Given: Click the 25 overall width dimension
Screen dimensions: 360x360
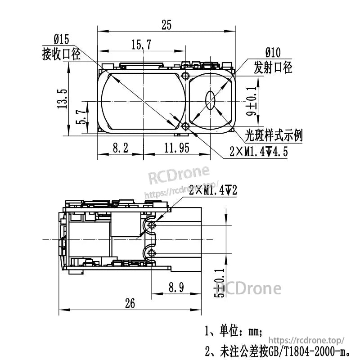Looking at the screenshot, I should pos(166,25).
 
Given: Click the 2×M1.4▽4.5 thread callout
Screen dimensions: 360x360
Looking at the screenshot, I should pos(258,152).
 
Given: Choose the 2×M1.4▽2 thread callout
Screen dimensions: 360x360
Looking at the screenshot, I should pos(213,191).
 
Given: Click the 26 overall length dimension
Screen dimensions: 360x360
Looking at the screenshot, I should pos(130,304).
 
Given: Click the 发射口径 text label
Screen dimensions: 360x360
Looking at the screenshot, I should pos(273,67).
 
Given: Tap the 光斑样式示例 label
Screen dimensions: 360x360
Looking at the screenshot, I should pos(274,135).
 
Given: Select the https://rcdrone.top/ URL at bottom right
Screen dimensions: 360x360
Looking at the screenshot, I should pos(309,341).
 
